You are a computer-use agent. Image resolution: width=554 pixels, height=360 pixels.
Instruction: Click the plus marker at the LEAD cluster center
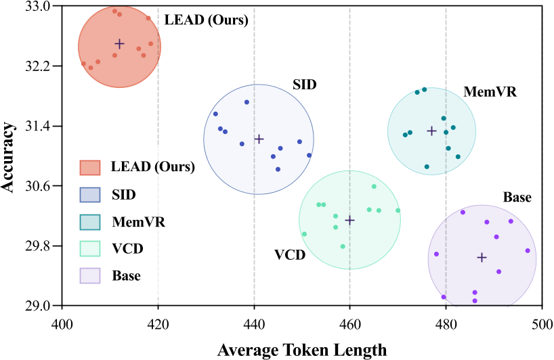coord(119,44)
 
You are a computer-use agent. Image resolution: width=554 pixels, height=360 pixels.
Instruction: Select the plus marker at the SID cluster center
coord(259,139)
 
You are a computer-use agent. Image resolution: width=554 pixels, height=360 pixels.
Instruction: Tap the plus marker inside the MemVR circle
coord(431,131)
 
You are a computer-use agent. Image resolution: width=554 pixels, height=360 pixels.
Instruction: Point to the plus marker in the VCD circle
coord(349,220)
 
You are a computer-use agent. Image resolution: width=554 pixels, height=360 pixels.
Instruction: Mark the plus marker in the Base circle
coord(482,257)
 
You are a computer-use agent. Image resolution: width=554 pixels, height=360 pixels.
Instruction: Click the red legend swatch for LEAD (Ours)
coord(90,167)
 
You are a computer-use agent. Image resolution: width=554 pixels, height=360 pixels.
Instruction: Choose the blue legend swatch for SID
coord(90,194)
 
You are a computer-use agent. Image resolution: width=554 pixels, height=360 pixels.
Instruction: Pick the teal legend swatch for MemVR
coord(90,221)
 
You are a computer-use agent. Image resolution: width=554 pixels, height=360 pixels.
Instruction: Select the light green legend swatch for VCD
coord(90,248)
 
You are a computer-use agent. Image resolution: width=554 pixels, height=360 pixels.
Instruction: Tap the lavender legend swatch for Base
coord(90,275)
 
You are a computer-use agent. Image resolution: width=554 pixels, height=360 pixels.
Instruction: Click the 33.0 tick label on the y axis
coord(37,7)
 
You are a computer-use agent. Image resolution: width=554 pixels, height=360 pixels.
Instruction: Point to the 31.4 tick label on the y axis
coord(37,127)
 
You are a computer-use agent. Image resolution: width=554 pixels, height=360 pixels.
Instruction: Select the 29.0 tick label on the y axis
coord(37,305)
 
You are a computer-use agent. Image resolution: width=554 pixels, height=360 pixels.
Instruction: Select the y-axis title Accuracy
coord(9,156)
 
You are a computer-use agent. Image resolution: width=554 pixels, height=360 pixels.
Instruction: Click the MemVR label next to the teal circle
coord(490,91)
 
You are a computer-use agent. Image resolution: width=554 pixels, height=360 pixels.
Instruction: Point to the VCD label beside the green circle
coord(289,255)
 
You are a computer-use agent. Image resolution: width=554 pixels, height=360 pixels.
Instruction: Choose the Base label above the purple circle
coord(517,198)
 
